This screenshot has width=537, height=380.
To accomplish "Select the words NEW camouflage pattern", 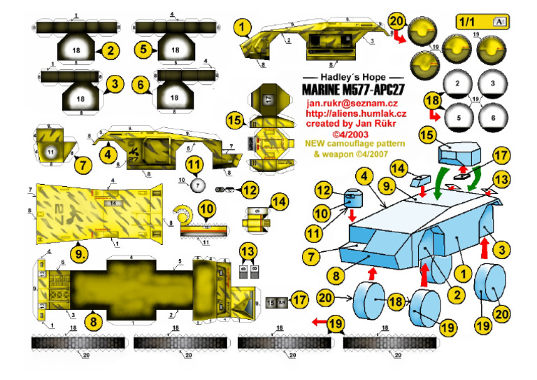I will click(x=346, y=144).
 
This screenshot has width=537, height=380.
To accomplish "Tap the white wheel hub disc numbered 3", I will click(x=493, y=83).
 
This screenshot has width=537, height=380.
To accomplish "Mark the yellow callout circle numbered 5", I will click(x=141, y=50).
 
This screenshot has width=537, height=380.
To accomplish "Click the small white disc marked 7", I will click(x=198, y=185).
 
